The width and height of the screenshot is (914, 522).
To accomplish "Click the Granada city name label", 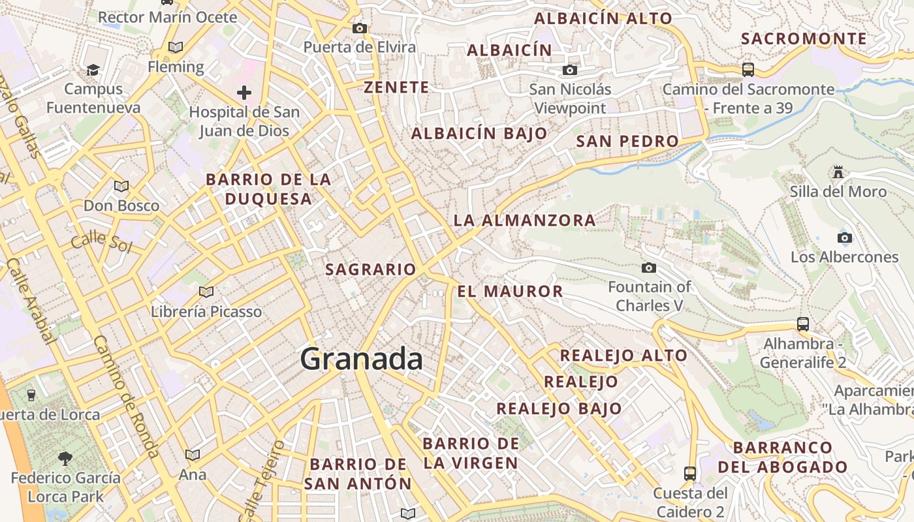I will point(361,359).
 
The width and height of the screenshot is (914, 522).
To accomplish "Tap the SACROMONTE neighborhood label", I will point(804,38).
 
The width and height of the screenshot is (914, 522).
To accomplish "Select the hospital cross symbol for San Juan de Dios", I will point(244,93).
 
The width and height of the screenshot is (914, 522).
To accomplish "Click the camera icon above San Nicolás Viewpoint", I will point(570,70).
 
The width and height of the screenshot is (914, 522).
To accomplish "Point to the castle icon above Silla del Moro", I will point(838,172).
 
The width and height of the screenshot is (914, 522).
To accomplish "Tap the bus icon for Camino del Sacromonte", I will point(748,69).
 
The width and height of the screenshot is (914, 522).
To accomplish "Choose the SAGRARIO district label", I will point(370,269).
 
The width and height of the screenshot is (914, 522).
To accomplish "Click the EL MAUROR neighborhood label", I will point(510,291).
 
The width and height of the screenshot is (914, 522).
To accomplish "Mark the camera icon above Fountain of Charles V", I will point(648,268).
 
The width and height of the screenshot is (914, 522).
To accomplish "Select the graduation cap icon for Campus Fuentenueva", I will point(93,70).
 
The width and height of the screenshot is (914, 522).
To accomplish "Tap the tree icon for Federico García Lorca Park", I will point(65,459).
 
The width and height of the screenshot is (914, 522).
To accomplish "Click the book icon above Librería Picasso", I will point(206,292).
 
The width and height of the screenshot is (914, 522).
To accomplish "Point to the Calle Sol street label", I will point(101,242).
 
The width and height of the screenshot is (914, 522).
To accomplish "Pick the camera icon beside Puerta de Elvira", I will point(359,28).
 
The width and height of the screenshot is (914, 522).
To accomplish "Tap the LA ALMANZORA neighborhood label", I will point(524,221).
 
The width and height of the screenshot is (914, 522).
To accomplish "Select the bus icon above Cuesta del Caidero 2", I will point(690,473).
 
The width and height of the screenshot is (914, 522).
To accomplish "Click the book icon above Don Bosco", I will point(121,186).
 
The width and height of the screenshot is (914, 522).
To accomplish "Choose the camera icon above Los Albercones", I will point(844,238).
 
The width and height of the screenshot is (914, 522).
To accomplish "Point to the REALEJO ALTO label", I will point(623,355).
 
